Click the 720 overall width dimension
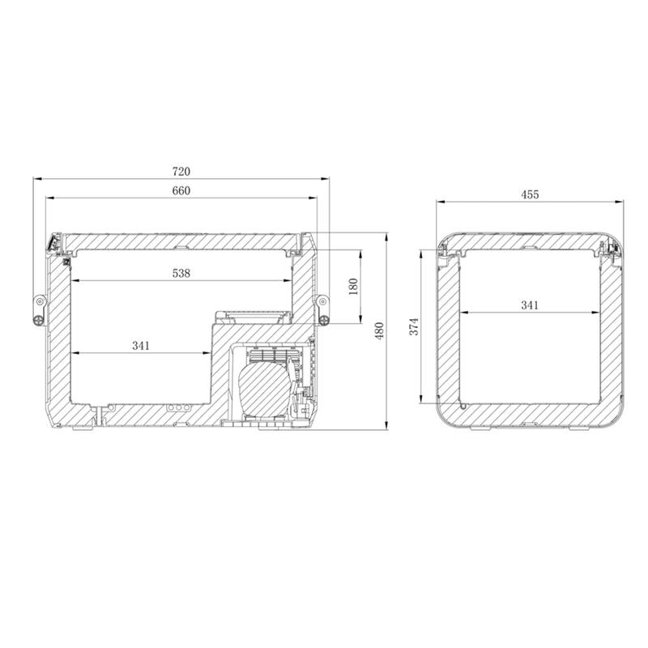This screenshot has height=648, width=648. [x=181, y=172]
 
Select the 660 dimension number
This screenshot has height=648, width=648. [x=181, y=191]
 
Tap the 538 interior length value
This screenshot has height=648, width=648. [x=181, y=274]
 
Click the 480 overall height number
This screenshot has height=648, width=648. [x=378, y=331]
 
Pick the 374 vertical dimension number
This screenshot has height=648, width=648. [x=413, y=326]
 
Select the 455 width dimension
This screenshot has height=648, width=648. [x=530, y=194]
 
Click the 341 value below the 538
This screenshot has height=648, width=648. [x=141, y=346]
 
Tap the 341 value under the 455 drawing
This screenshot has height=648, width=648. [x=530, y=305]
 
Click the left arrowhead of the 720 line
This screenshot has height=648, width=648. [x=36, y=177]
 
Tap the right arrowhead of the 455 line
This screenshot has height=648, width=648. [x=619, y=201]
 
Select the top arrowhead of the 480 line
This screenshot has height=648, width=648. [x=386, y=236]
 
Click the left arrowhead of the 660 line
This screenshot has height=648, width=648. [x=49, y=197]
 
